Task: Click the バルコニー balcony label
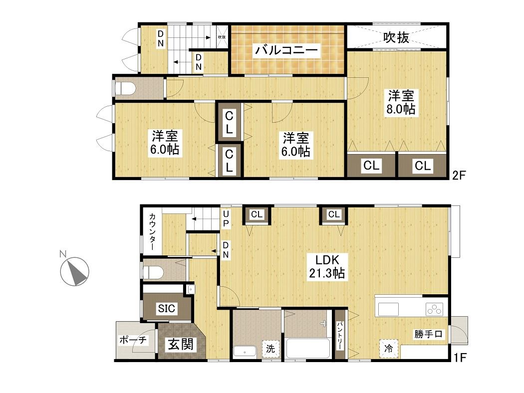[x=286, y=50]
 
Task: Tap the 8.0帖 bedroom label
[x=401, y=102]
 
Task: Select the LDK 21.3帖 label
[x=327, y=266]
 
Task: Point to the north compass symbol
[x=74, y=271]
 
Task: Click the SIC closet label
[x=166, y=308]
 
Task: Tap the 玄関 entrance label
[x=181, y=344]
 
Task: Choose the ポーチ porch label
[x=133, y=340]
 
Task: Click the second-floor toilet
[x=125, y=89]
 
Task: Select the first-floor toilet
[x=153, y=272]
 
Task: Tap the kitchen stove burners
[x=435, y=309]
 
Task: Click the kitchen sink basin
[x=388, y=309]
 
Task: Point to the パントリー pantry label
[x=339, y=335]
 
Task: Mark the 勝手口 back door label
[x=428, y=334]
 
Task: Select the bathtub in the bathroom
[x=308, y=349]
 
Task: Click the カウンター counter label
[x=152, y=232]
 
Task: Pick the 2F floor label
[x=459, y=175]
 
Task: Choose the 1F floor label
[x=460, y=358]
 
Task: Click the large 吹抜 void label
[x=396, y=37]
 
